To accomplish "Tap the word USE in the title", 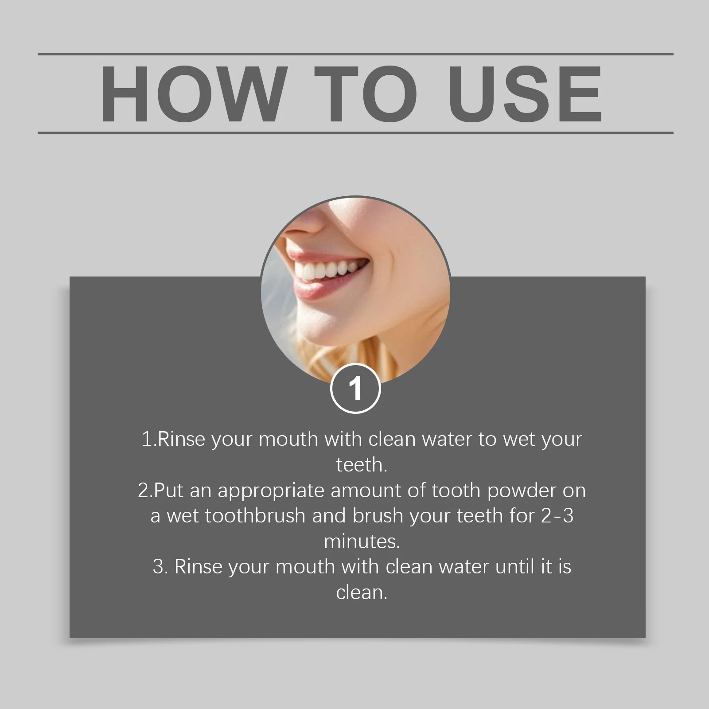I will click(x=525, y=94).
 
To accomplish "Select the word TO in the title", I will click(x=365, y=94).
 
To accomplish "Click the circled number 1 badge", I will click(x=355, y=389).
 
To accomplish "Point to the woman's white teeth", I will click(x=328, y=271).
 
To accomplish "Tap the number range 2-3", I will click(x=557, y=516).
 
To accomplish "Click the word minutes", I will click(x=362, y=541).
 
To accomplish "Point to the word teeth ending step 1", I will click(x=362, y=465).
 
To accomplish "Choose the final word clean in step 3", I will click(x=362, y=592).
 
